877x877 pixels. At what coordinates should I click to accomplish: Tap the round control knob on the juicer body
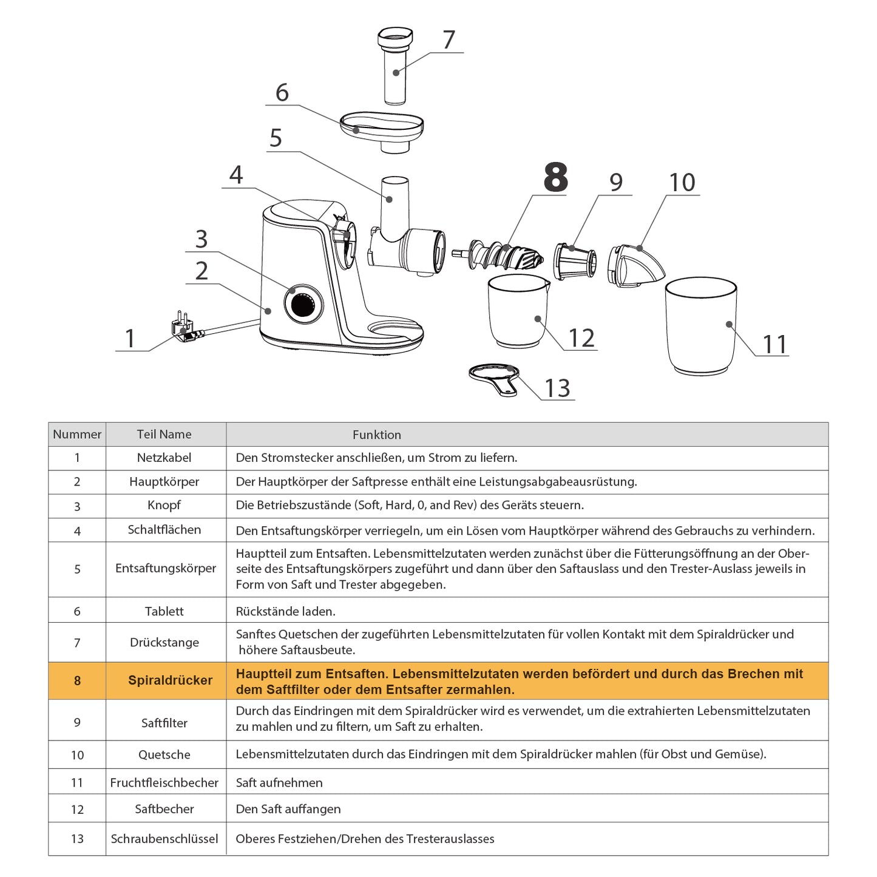303,303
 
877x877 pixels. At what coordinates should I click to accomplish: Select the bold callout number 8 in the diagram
556,177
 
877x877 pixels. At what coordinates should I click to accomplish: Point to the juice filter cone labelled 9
575,261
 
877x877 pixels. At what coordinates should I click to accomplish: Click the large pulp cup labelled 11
700,326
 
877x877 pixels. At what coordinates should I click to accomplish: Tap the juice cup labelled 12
518,311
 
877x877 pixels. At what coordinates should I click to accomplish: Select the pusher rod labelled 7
395,66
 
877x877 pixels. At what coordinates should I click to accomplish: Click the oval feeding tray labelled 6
381,132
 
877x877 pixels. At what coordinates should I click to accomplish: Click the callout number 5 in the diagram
276,137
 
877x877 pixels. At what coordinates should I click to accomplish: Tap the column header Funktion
377,435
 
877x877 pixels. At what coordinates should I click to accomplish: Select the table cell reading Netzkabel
164,458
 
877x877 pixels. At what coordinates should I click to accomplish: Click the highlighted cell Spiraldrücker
170,680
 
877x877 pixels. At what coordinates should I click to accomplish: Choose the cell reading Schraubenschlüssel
164,839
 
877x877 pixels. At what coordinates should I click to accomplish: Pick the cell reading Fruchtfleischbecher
164,783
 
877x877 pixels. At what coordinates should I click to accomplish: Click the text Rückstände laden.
285,611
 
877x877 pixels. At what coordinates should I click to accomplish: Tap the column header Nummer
77,434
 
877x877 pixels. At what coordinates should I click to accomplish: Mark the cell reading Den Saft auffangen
288,809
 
